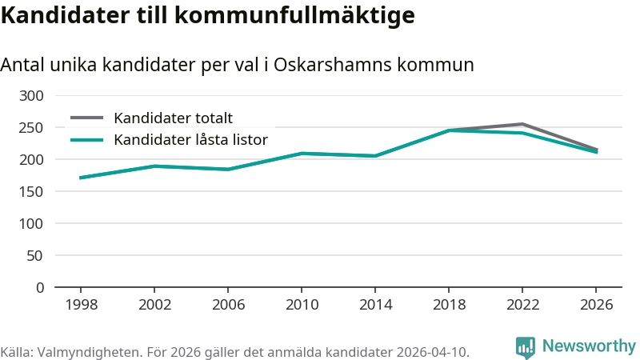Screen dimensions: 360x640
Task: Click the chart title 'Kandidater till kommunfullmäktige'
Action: (207, 15)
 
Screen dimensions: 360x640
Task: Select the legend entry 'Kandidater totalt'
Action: (173, 118)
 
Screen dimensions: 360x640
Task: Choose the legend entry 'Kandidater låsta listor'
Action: (190, 140)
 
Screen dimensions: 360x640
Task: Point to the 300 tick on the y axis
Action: (31, 96)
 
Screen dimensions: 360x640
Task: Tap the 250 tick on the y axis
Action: (31, 128)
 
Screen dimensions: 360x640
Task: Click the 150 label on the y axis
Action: (31, 192)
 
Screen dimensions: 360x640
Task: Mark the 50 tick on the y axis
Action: (35, 256)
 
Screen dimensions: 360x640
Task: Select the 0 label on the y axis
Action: (39, 288)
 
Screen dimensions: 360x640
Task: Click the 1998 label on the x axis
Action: (80, 305)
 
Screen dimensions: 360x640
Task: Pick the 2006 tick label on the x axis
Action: (228, 305)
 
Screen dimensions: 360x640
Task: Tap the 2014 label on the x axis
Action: (375, 305)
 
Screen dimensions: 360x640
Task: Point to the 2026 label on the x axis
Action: (597, 305)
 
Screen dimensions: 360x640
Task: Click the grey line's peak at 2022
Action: (522, 124)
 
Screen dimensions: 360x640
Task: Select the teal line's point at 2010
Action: (302, 153)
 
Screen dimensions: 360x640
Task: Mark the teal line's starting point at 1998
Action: (80, 178)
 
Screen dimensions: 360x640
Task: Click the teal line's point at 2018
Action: (449, 130)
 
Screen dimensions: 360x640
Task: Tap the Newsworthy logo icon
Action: (526, 346)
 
